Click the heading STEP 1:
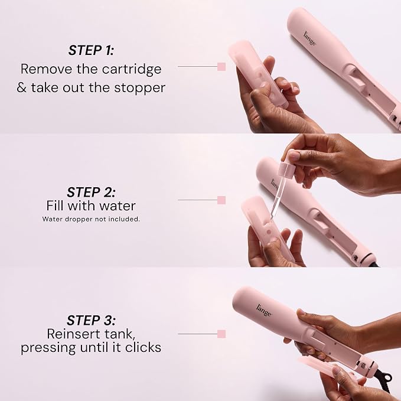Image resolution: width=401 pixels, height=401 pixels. click(x=91, y=50)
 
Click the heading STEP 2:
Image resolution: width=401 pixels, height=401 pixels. click(x=91, y=193)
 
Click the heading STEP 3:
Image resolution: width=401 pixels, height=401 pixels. click(x=91, y=320)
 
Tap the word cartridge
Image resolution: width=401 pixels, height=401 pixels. click(x=132, y=70)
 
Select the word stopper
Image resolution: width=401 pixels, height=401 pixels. click(x=139, y=88)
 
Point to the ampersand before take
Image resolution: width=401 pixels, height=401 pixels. click(x=22, y=88)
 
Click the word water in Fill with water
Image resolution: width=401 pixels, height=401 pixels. click(x=118, y=206)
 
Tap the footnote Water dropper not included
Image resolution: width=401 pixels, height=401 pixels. click(x=91, y=219)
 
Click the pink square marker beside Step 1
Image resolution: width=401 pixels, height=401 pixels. click(x=221, y=67)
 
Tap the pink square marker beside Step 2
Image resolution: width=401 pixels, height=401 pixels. click(x=221, y=200)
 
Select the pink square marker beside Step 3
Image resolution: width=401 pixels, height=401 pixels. click(x=221, y=334)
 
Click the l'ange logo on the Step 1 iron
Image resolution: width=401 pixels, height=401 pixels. click(x=309, y=38)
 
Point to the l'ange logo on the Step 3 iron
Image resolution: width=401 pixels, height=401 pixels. click(x=264, y=310)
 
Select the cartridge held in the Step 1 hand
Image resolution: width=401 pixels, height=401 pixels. click(x=257, y=74)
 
